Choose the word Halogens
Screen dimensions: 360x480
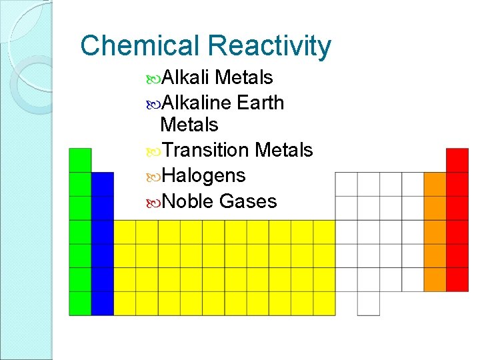[203, 176]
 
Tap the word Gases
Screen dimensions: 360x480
[248, 201]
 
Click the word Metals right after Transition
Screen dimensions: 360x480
[284, 151]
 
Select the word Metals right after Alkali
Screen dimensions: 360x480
[245, 78]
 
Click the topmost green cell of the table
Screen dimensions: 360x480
[80, 160]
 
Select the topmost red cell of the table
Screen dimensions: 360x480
[457, 160]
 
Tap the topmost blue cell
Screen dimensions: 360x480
[102, 184]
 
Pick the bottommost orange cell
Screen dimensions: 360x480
[435, 279]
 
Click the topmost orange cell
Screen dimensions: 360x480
[435, 184]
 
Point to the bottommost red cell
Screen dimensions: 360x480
[457, 279]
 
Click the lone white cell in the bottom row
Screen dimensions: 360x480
[368, 303]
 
